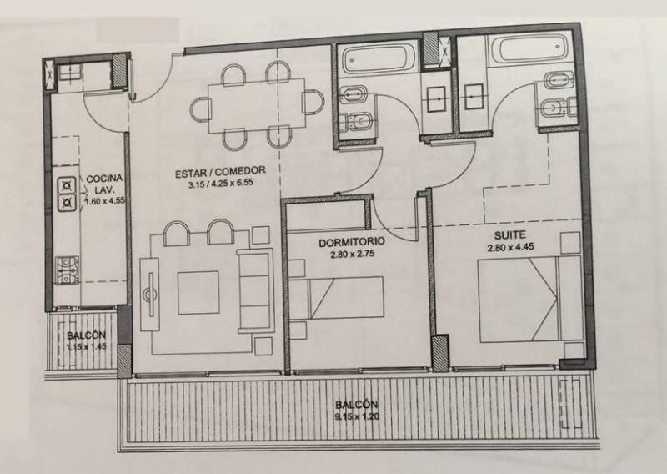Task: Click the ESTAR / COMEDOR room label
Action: (220, 173)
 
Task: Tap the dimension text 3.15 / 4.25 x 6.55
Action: (220, 184)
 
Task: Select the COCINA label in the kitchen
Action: (104, 179)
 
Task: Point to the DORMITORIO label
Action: (352, 242)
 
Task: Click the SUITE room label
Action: (509, 235)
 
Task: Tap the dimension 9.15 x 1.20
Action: (357, 416)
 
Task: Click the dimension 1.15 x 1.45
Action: (87, 346)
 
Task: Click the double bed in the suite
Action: (529, 299)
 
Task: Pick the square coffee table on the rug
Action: (198, 293)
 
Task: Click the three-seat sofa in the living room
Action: (255, 291)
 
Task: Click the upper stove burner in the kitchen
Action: (68, 186)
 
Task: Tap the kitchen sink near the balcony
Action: (67, 270)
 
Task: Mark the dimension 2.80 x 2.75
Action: (352, 255)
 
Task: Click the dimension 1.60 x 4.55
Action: (105, 201)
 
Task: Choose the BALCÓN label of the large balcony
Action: (357, 405)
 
